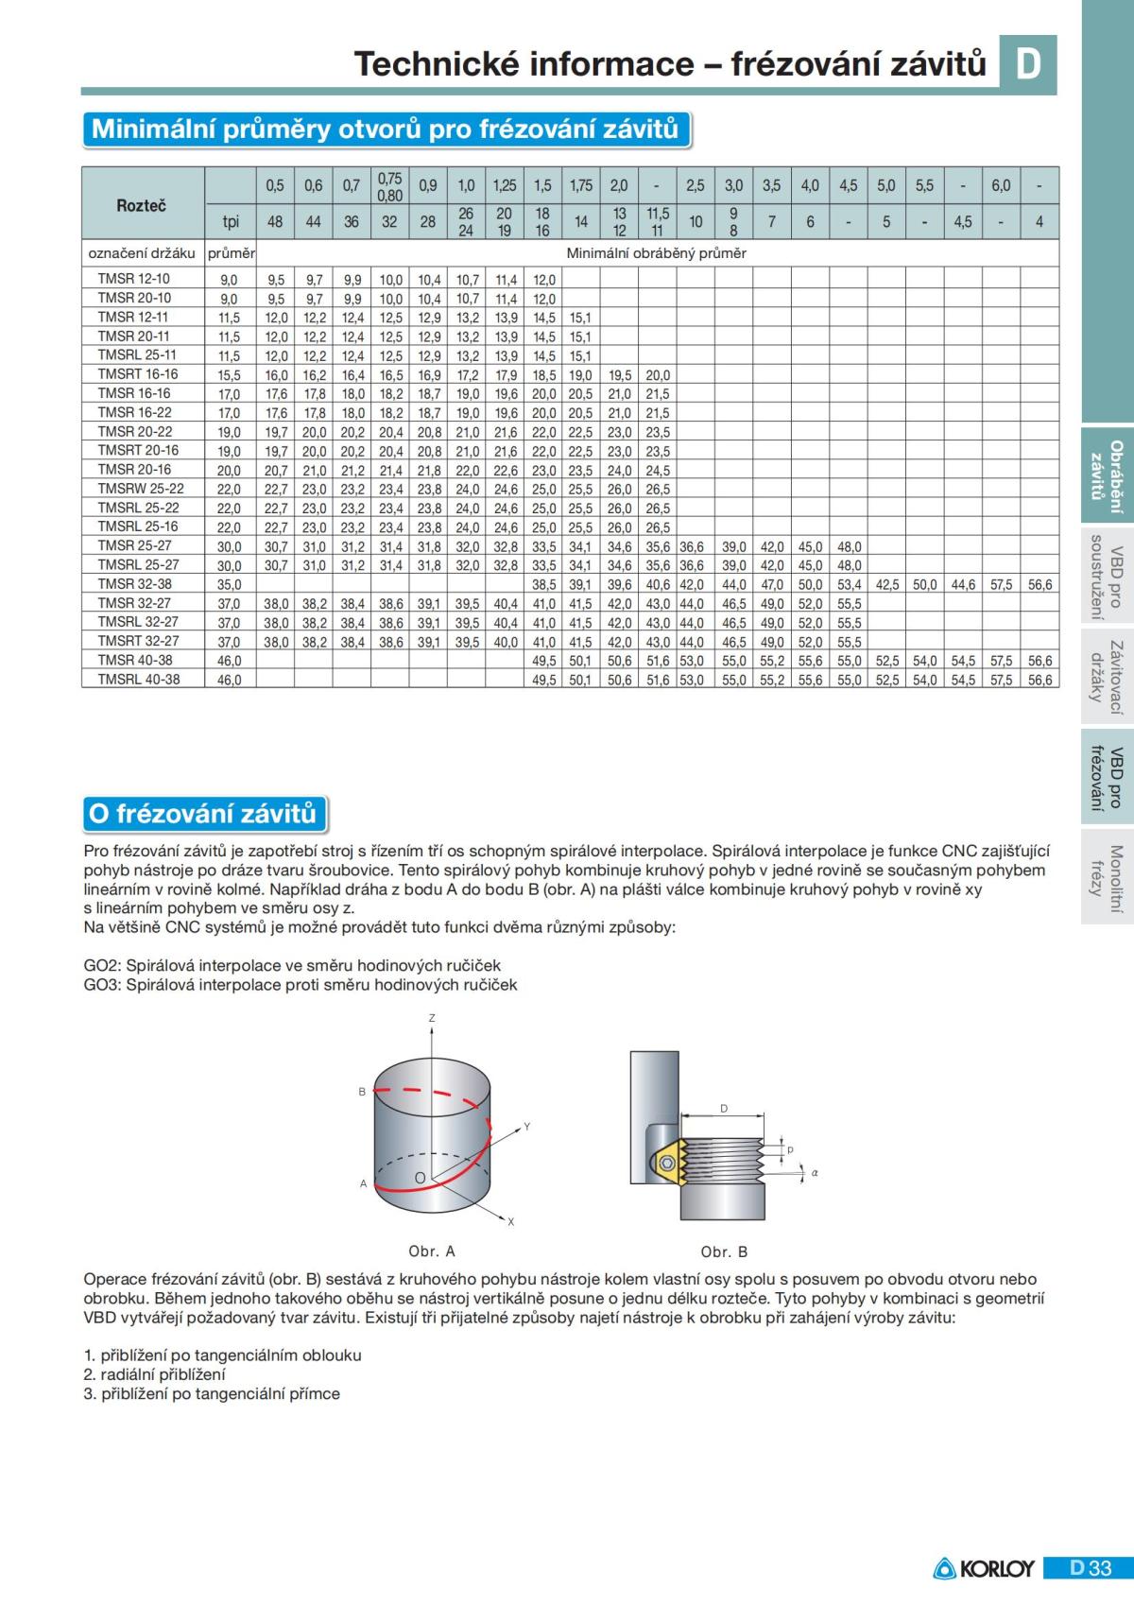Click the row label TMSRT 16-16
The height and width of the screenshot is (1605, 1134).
tap(138, 374)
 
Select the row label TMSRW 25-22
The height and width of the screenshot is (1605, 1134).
tap(141, 489)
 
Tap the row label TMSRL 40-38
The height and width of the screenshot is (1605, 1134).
tap(138, 679)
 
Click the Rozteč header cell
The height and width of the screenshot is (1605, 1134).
tap(142, 205)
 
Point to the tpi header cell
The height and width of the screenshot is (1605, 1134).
tap(231, 222)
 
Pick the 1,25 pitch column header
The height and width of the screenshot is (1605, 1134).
tap(505, 186)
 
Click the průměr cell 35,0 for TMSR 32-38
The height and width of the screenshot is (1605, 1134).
tap(230, 584)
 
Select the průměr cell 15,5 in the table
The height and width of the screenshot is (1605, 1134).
tap(230, 375)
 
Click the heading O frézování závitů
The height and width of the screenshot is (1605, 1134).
tap(202, 813)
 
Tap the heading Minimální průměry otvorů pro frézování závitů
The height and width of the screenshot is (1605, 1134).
tap(386, 129)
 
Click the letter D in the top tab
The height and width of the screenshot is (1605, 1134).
tap(1028, 64)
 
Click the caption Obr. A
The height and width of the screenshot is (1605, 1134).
tap(432, 1251)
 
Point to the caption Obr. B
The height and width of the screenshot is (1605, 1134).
tap(725, 1251)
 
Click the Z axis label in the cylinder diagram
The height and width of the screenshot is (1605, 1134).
tap(432, 1018)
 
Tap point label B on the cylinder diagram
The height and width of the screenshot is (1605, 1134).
tap(362, 1092)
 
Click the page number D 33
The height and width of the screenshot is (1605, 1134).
tap(1091, 1568)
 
